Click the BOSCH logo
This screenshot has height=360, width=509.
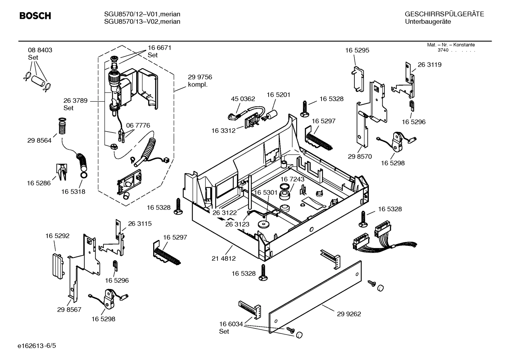[x=35, y=16]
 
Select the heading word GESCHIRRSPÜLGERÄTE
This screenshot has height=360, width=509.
[x=444, y=14]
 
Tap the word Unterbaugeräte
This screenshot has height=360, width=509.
[x=427, y=22]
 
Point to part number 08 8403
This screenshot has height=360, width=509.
[x=40, y=50]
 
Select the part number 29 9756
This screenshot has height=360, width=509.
[x=200, y=77]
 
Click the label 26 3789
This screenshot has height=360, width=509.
[x=75, y=101]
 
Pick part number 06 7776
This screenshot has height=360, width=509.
[x=138, y=125]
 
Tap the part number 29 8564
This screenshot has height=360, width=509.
[x=39, y=141]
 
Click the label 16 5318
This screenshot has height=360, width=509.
[x=73, y=191]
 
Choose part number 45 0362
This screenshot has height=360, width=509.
[x=243, y=99]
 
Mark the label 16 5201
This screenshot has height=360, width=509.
[x=278, y=95]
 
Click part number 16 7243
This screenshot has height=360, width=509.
[x=292, y=179]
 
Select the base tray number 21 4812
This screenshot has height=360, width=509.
[x=223, y=259]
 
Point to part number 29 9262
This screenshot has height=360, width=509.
[x=349, y=314]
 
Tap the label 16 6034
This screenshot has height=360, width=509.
[x=231, y=324]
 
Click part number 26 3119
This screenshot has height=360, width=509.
[x=429, y=65]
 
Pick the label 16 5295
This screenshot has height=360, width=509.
[x=357, y=50]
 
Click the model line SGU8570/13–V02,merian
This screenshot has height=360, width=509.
[x=142, y=22]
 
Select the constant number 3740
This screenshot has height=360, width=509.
[x=443, y=50]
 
